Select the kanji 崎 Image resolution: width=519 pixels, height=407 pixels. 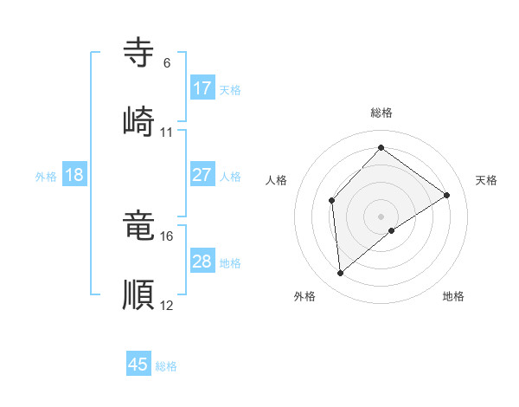[x=139, y=120]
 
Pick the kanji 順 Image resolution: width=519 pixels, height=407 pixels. [x=139, y=294]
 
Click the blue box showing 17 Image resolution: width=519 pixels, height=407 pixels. [x=202, y=87]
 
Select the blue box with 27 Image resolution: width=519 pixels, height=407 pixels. [x=202, y=174]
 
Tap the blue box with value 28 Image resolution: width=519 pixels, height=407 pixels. [x=202, y=261]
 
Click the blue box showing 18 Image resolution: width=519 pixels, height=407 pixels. [x=74, y=174]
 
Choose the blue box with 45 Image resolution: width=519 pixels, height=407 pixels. [x=138, y=365]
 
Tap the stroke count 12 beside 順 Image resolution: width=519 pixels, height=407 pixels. [x=166, y=305]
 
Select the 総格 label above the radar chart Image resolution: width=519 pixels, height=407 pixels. [x=381, y=113]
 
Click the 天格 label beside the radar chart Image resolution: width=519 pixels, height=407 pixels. [x=486, y=180]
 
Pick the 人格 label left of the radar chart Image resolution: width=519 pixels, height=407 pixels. [x=277, y=180]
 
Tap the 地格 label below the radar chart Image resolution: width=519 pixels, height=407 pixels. [x=453, y=296]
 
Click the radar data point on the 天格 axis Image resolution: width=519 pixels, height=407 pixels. [x=447, y=195]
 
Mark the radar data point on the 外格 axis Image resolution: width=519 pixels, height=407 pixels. [x=341, y=273]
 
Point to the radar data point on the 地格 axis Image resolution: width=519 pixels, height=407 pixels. [x=392, y=230]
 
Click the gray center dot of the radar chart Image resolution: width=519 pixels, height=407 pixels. [x=381, y=216]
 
